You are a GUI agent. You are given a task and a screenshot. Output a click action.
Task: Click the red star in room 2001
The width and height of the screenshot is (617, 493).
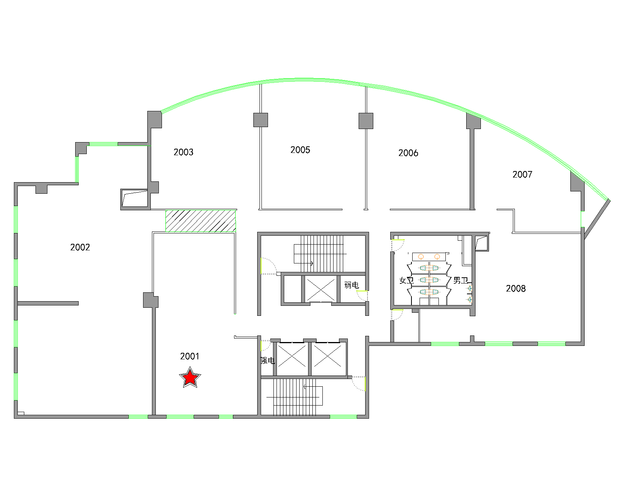coord(190,377)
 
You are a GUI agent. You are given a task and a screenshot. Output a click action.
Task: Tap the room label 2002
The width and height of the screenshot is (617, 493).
coord(80,247)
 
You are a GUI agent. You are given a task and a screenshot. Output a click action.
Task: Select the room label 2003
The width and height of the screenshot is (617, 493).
coord(184,152)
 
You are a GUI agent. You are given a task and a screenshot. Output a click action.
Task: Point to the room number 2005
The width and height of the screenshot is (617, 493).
coord(300,150)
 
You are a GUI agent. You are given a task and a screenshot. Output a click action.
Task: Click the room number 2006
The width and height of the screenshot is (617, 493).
coord(408,153)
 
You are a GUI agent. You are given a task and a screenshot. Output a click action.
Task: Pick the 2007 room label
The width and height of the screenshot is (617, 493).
coord(523,174)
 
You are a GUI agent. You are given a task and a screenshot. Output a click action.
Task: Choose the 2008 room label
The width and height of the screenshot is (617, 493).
coord(516,288)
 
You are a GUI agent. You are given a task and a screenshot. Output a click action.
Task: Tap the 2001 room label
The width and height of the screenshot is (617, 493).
coord(189,356)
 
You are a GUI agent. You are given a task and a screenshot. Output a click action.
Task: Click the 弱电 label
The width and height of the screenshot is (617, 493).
coord(352,285)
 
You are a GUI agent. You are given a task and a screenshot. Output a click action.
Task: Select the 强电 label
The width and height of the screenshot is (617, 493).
coord(268,361)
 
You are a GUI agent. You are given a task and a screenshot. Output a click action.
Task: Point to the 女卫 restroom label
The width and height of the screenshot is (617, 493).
coord(406,280)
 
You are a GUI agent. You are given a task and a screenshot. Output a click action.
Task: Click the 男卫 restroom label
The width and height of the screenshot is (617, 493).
coord(460,280)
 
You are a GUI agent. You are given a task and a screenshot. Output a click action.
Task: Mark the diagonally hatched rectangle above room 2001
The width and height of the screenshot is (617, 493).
coord(201,221)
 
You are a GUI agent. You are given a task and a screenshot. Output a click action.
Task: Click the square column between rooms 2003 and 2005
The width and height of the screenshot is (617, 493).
coord(261,120)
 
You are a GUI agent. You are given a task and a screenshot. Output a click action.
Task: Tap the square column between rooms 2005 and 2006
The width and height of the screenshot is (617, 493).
coord(366,121)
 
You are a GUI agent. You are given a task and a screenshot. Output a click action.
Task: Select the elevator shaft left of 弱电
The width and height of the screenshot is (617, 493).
coord(320,289)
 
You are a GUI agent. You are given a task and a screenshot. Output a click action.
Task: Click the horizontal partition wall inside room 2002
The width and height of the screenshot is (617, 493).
coord(48,304)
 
